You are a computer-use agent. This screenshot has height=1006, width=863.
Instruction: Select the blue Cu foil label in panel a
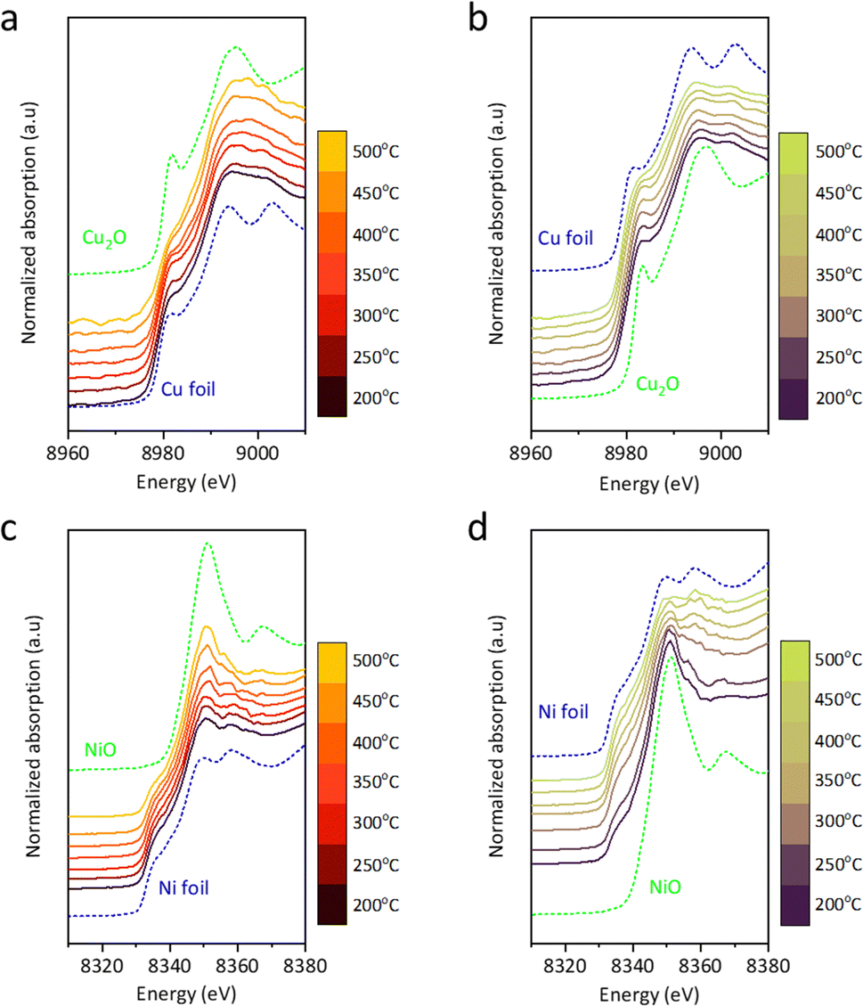tap(190, 388)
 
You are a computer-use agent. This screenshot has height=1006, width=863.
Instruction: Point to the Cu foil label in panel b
tap(566, 239)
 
